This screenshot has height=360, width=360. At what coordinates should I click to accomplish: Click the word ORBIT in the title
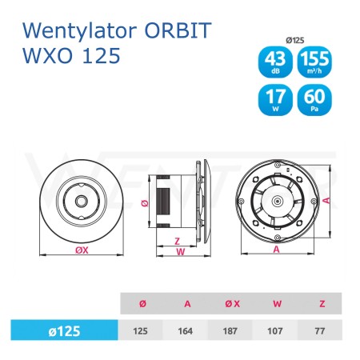click(x=178, y=30)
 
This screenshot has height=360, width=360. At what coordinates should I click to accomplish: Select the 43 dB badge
click(x=275, y=62)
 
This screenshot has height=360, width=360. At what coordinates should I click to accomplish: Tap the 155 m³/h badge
click(x=314, y=62)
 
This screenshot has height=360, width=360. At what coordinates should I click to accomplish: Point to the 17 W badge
click(x=275, y=100)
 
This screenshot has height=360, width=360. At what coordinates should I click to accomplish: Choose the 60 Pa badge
click(x=314, y=100)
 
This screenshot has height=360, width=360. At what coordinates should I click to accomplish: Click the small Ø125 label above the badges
click(x=295, y=40)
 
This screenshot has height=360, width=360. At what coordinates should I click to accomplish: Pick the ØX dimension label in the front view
click(x=82, y=250)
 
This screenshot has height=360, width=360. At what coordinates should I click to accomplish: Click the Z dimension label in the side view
click(x=177, y=242)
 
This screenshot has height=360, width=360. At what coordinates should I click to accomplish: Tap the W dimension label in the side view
click(x=181, y=252)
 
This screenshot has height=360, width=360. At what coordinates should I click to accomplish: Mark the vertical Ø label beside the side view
click(x=145, y=203)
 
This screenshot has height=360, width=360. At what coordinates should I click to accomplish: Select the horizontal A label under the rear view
click(x=276, y=250)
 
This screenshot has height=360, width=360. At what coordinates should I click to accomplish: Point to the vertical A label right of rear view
click(x=327, y=200)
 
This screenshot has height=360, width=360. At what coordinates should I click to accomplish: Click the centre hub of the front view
click(x=81, y=201)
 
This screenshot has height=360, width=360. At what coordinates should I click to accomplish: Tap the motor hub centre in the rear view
click(x=278, y=201)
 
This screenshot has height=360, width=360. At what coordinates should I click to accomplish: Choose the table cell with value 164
click(x=186, y=331)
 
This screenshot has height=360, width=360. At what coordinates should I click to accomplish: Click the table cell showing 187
click(x=230, y=331)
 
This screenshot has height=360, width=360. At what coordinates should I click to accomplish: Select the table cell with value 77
click(x=320, y=331)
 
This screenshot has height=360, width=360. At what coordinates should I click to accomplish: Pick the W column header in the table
click(x=277, y=304)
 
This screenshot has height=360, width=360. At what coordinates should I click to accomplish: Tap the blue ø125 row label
click(x=64, y=330)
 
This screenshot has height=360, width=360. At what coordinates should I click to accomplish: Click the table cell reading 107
click(x=275, y=331)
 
